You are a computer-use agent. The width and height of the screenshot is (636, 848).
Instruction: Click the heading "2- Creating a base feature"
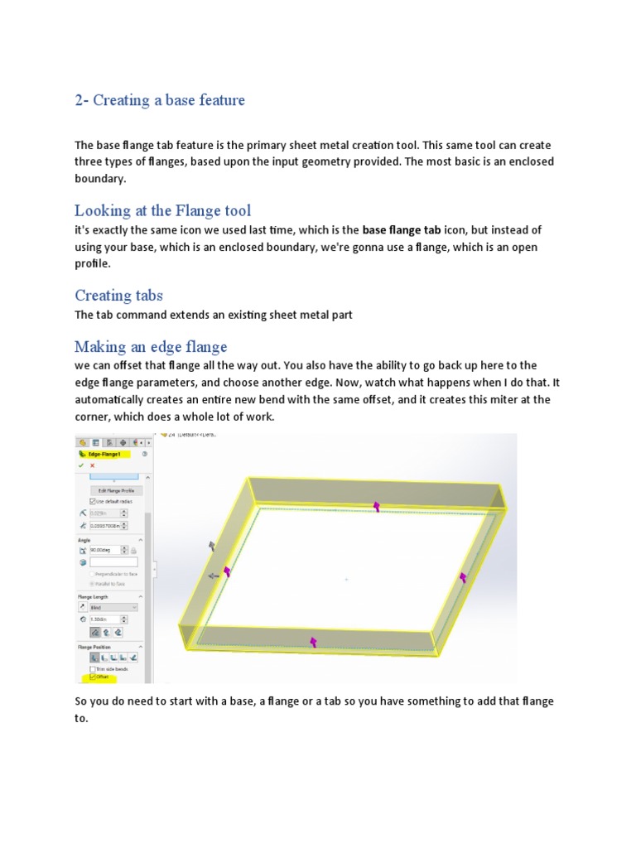pos(160,100)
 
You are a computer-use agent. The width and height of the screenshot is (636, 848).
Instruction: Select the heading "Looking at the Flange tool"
pos(162,210)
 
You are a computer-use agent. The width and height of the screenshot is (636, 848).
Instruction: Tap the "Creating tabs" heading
pos(118,295)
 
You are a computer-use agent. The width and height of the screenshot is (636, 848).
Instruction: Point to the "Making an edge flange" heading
pos(151,346)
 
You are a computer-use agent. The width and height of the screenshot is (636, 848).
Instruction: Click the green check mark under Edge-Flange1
pos(80,465)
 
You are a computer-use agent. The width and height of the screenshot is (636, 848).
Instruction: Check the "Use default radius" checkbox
pos(92,502)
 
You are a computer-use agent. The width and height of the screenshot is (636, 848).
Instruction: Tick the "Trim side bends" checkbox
pos(92,668)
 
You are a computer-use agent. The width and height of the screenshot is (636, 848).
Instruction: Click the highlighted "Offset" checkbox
pos(92,677)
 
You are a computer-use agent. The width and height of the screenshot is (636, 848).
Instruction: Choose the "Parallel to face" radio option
pos(93,583)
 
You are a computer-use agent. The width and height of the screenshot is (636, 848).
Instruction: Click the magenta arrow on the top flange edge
pos(377,506)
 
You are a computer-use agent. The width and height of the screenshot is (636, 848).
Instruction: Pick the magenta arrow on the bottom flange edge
pos(313,641)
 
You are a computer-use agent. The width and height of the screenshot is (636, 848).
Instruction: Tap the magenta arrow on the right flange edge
pos(463,576)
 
